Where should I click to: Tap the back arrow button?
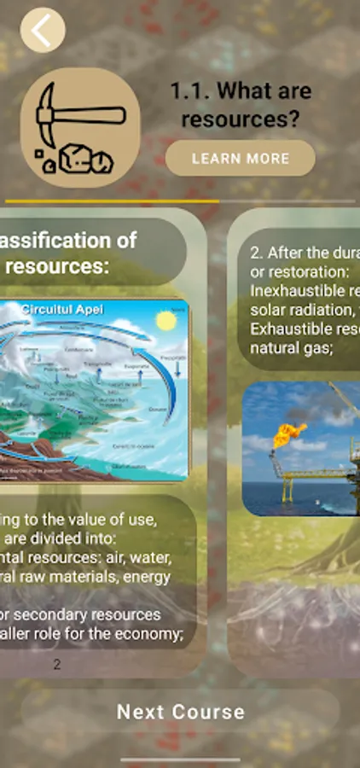pos(42,31)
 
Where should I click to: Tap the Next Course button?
pos(180,712)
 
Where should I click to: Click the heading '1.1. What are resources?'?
pos(241,105)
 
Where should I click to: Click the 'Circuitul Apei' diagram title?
pos(62,310)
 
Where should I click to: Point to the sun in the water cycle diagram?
pos(165,321)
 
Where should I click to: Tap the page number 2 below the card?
pos(57,664)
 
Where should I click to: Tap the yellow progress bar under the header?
pos(111,201)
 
